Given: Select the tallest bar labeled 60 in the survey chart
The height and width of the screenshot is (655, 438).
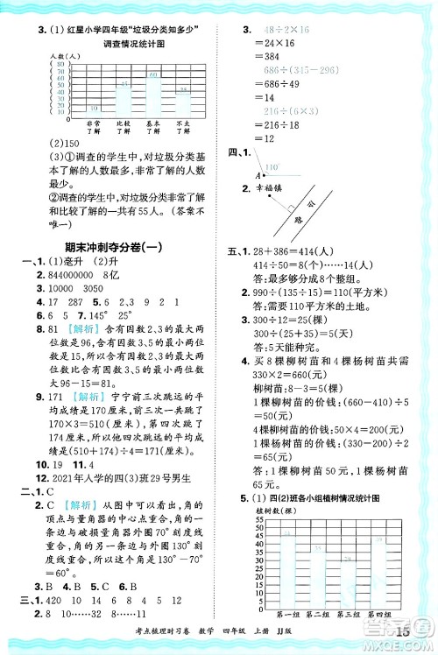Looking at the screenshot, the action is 153,91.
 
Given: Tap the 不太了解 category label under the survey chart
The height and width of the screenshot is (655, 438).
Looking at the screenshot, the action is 182,129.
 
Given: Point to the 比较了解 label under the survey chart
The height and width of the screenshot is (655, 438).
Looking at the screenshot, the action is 124,129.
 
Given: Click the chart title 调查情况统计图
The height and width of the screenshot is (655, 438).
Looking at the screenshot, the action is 133,44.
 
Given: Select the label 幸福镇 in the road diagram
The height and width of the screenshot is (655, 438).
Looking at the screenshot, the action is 279,187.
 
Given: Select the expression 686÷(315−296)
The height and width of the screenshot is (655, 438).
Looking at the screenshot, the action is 278,68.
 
